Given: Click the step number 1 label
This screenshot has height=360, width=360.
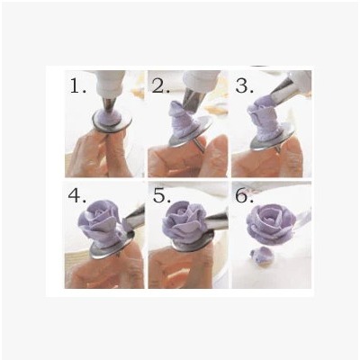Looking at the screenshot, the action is (x=77, y=85).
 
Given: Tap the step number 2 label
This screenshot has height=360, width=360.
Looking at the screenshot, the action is (x=161, y=85).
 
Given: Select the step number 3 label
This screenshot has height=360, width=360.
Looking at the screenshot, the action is (x=245, y=85).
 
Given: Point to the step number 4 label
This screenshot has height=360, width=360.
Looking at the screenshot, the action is (x=77, y=196).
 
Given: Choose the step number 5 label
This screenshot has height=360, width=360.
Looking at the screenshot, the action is (x=162, y=196).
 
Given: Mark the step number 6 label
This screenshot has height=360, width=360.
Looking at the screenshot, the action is (x=245, y=195).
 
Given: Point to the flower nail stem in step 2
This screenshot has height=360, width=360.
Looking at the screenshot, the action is (x=200, y=143).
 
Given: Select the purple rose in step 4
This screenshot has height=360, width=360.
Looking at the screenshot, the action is (x=100, y=222).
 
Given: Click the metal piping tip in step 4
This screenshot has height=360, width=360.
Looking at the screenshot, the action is (x=132, y=218).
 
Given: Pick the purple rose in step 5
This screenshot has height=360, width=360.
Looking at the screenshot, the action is (x=184, y=221).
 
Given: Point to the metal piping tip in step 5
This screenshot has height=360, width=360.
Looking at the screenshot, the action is (x=217, y=221).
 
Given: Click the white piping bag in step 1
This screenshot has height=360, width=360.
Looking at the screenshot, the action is (x=111, y=84).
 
